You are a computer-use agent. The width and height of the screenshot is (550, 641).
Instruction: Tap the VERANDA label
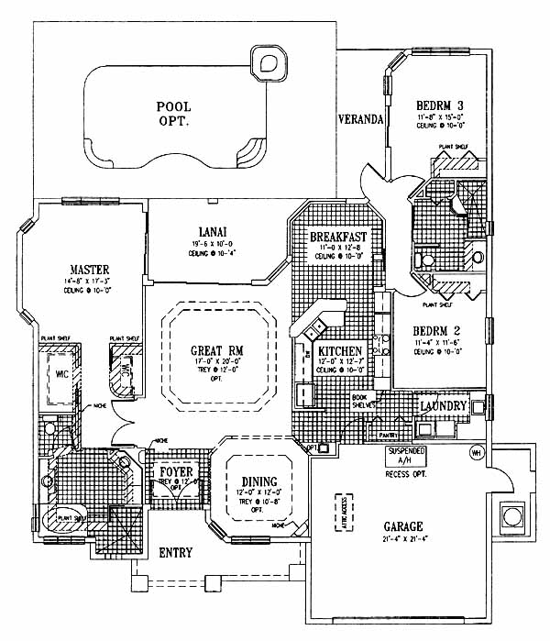pyautogui.click(x=359, y=120)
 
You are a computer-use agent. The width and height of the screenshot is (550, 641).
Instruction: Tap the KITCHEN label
pyautogui.click(x=340, y=351)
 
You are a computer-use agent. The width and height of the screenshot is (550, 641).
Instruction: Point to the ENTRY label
pyautogui.click(x=175, y=553)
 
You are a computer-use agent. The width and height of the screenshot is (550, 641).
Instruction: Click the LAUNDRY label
pyautogui.click(x=445, y=406)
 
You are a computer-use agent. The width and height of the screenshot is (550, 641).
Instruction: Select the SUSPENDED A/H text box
pyautogui.click(x=410, y=457)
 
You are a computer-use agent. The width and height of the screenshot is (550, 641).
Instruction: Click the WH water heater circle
pyautogui.click(x=476, y=452)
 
